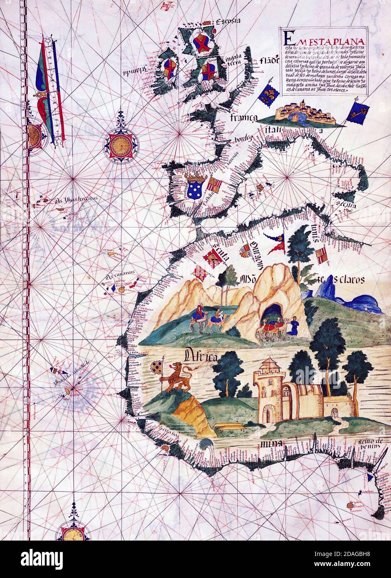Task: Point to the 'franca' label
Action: [x=244, y=117]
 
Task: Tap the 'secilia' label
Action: [x=343, y=205]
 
